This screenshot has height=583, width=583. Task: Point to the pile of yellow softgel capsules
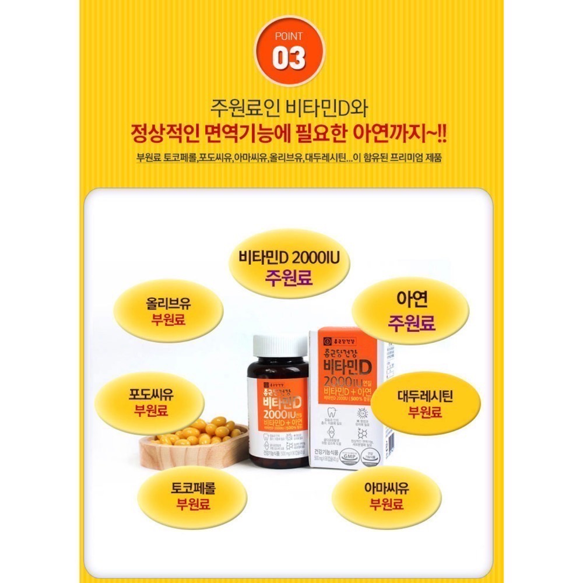(205, 431)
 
